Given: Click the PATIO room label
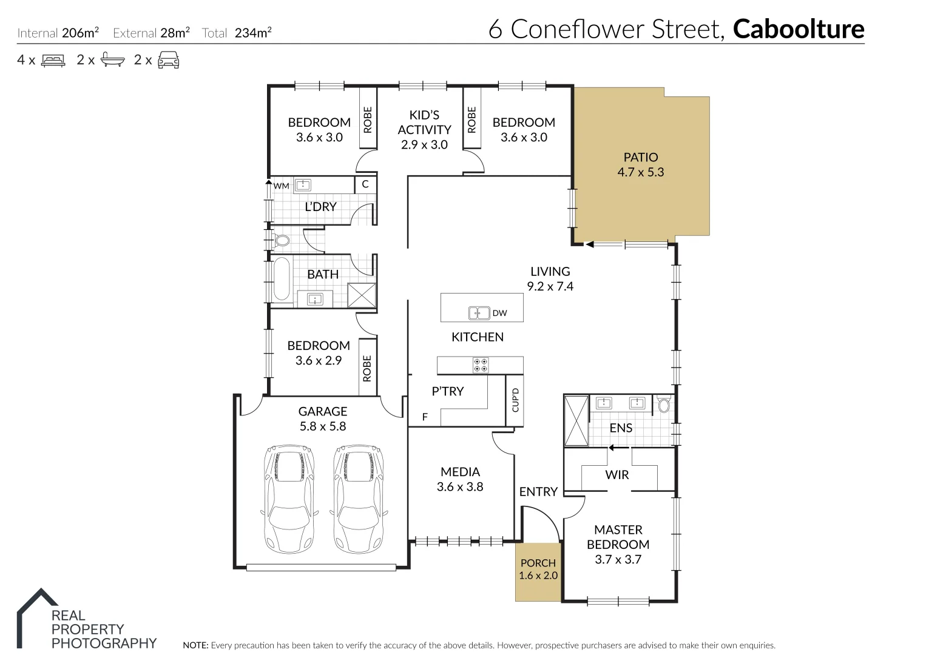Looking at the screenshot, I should pyautogui.click(x=640, y=157).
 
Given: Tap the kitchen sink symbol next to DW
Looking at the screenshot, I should pyautogui.click(x=479, y=313).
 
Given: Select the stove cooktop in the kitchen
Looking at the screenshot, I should pyautogui.click(x=481, y=365).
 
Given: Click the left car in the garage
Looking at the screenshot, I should pyautogui.click(x=289, y=498).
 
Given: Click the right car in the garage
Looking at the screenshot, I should pyautogui.click(x=359, y=498).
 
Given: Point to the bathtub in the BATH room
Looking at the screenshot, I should pyautogui.click(x=281, y=279).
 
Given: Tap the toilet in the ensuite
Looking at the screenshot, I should pyautogui.click(x=663, y=405).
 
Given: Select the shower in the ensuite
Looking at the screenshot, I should pyautogui.click(x=576, y=421).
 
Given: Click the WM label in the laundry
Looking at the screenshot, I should pyautogui.click(x=281, y=186).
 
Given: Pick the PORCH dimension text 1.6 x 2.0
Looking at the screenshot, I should pyautogui.click(x=538, y=576).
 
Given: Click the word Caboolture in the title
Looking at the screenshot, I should pyautogui.click(x=799, y=29).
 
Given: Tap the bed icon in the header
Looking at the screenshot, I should pyautogui.click(x=53, y=60).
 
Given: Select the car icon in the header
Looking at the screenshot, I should pyautogui.click(x=168, y=60).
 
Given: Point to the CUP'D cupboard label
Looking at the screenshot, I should pyautogui.click(x=515, y=400).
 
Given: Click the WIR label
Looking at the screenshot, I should pyautogui.click(x=617, y=475).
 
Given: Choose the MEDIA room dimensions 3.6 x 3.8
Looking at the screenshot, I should pyautogui.click(x=460, y=486).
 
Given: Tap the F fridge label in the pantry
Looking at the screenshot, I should pyautogui.click(x=425, y=417).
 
